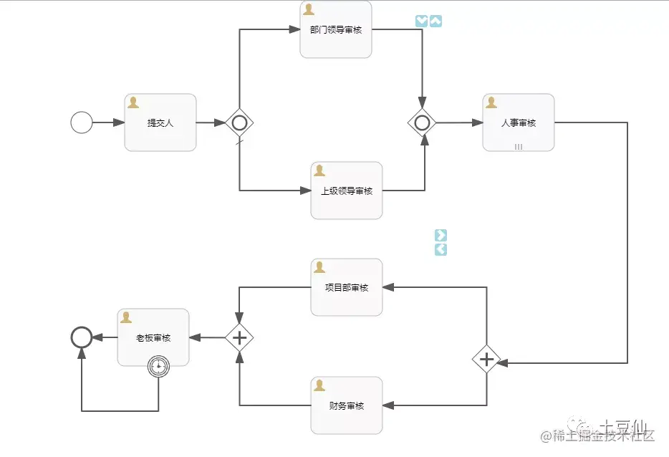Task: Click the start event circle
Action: (x=82, y=122)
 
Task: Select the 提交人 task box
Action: (x=160, y=122)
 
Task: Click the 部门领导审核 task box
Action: (x=335, y=30)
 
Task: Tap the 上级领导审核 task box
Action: (x=347, y=191)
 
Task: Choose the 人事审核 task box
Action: (x=519, y=122)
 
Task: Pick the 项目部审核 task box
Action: (x=347, y=287)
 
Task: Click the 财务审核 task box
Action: (x=347, y=405)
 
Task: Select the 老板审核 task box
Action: (x=153, y=337)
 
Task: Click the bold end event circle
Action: (x=82, y=337)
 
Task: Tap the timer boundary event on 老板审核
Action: (x=158, y=367)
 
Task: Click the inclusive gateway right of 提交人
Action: (x=239, y=122)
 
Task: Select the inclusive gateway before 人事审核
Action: (x=423, y=122)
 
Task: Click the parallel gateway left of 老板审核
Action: (x=239, y=337)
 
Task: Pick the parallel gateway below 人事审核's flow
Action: (x=486, y=359)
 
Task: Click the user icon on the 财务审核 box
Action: (x=319, y=385)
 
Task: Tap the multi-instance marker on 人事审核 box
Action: (x=519, y=146)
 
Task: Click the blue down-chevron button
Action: (x=421, y=21)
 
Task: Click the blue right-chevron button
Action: (x=441, y=235)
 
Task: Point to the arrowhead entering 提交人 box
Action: (x=120, y=122)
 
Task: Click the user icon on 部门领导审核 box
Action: (x=309, y=9)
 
